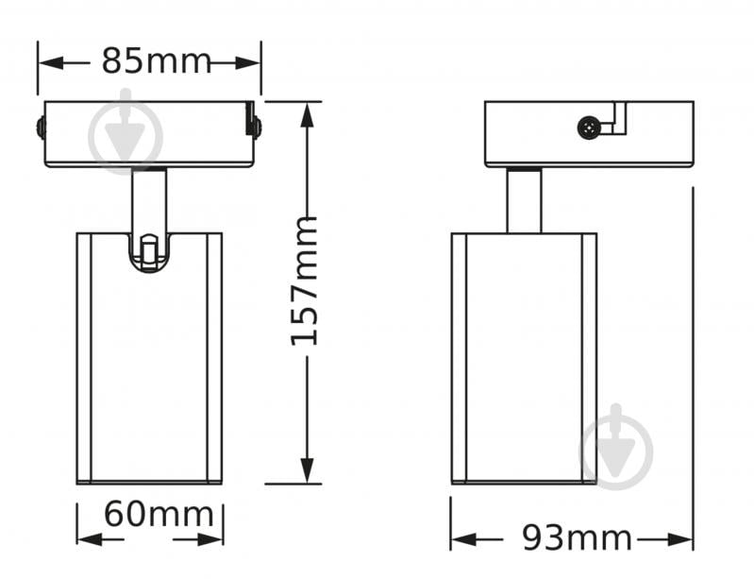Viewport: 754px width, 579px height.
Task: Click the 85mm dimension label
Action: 157,61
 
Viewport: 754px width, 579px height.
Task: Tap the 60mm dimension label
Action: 159,514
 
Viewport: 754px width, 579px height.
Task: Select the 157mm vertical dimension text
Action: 305,281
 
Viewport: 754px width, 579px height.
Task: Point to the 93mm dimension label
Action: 577,537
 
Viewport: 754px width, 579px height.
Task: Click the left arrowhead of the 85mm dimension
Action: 51,62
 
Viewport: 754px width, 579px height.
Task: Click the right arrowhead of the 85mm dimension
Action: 247,62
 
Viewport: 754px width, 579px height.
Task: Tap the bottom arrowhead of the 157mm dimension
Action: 308,470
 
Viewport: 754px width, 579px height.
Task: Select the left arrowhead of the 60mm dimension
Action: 90,539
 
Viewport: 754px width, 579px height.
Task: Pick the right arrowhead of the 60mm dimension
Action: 210,539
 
